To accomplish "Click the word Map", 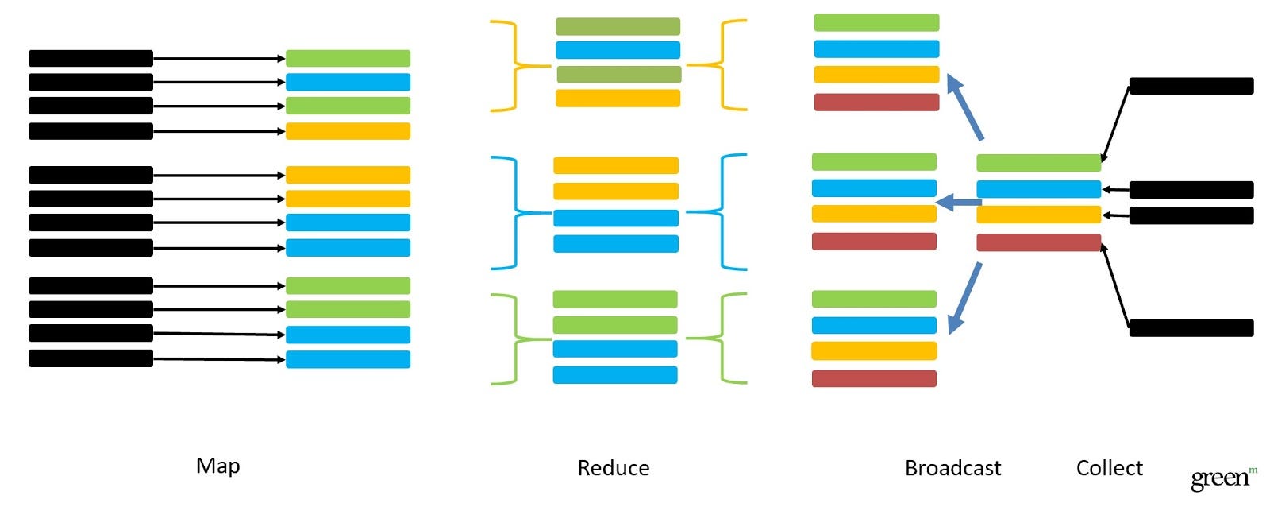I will [217, 466].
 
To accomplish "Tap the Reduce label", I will [613, 468].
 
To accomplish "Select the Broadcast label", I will [952, 468].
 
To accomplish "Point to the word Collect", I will [1109, 468].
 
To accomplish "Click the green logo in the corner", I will [1223, 478].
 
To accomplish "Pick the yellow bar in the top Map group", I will [348, 131].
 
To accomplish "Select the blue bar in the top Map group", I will [348, 82].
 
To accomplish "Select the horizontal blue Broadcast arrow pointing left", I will [958, 203].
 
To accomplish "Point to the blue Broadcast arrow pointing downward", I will [966, 297].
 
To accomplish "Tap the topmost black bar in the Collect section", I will [1191, 86].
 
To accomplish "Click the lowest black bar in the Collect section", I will [1191, 327].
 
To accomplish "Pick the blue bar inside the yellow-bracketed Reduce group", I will [618, 50].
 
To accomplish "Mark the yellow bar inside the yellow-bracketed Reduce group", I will [618, 99].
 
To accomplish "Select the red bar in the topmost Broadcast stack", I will [876, 102].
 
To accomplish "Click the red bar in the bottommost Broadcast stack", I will [874, 378].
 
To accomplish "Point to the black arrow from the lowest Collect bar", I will [1115, 286].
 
